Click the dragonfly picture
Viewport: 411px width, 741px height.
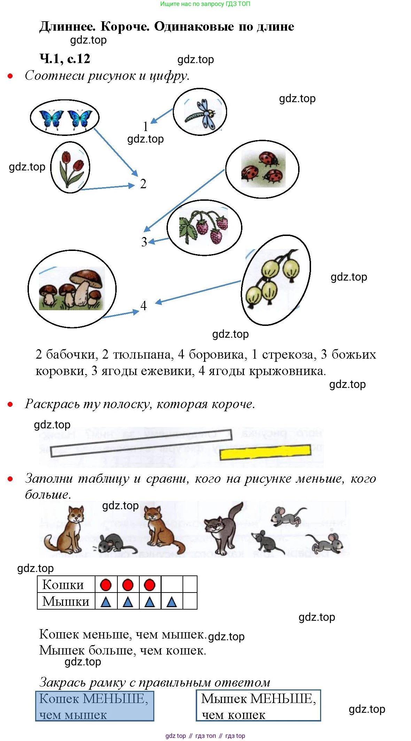pyautogui.click(x=200, y=113)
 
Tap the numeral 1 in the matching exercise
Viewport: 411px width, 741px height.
pyautogui.click(x=146, y=126)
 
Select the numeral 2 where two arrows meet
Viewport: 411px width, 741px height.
pyautogui.click(x=143, y=184)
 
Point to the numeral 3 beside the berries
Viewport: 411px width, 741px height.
pyautogui.click(x=144, y=242)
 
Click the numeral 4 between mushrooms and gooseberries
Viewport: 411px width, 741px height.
pyautogui.click(x=144, y=306)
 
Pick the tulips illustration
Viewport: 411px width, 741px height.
pyautogui.click(x=71, y=168)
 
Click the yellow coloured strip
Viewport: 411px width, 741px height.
pyautogui.click(x=265, y=452)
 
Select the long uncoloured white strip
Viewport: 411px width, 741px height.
pyautogui.click(x=141, y=443)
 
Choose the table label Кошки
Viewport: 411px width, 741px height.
pyautogui.click(x=63, y=585)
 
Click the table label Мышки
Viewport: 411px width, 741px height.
pyautogui.click(x=66, y=601)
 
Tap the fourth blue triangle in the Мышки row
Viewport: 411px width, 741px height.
pyautogui.click(x=172, y=602)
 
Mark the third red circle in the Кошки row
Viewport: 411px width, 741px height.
pyautogui.click(x=149, y=585)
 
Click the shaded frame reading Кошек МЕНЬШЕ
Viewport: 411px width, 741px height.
pyautogui.click(x=95, y=706)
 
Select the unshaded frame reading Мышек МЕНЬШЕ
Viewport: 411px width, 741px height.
pyautogui.click(x=258, y=705)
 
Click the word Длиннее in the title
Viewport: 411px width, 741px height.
pyautogui.click(x=67, y=26)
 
